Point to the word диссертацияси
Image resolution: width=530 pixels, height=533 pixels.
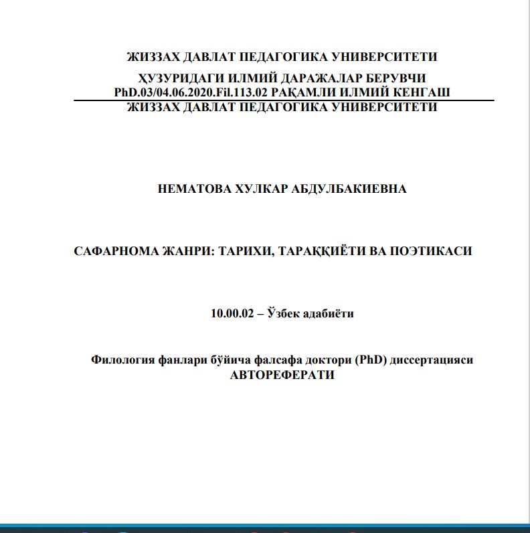point(432,360)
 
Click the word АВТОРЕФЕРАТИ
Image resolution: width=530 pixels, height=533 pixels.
point(282,375)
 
